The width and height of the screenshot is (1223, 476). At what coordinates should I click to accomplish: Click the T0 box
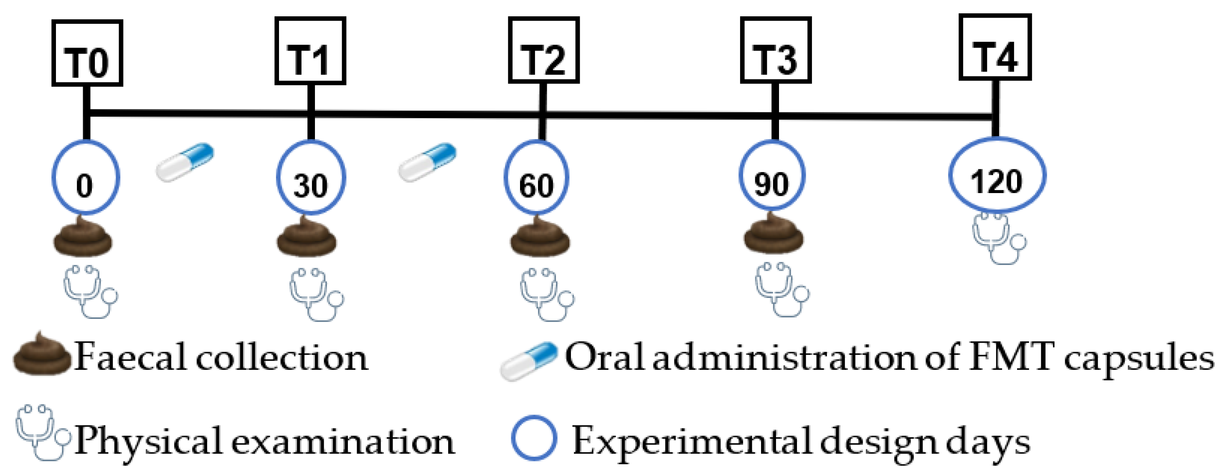tap(87, 53)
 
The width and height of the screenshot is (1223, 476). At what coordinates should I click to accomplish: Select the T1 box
tap(310, 51)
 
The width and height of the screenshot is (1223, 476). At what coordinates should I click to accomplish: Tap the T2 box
tap(543, 50)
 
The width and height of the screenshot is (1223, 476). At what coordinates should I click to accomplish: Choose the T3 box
tap(776, 50)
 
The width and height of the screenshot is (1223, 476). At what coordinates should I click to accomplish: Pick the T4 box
tap(995, 47)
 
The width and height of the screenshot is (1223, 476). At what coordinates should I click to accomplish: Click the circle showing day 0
tap(86, 178)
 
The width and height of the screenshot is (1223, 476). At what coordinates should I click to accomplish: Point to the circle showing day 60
tap(536, 178)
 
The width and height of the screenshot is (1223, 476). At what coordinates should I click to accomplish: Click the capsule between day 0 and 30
tap(185, 161)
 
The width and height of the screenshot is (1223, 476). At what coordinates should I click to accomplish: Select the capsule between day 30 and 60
tap(427, 161)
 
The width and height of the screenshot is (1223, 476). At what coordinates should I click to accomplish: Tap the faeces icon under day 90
tap(773, 234)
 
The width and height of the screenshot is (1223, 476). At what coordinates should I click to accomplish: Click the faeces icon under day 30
tap(307, 237)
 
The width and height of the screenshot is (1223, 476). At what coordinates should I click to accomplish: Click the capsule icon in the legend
tap(528, 361)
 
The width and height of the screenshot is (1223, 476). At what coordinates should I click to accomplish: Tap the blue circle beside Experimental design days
tap(534, 438)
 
